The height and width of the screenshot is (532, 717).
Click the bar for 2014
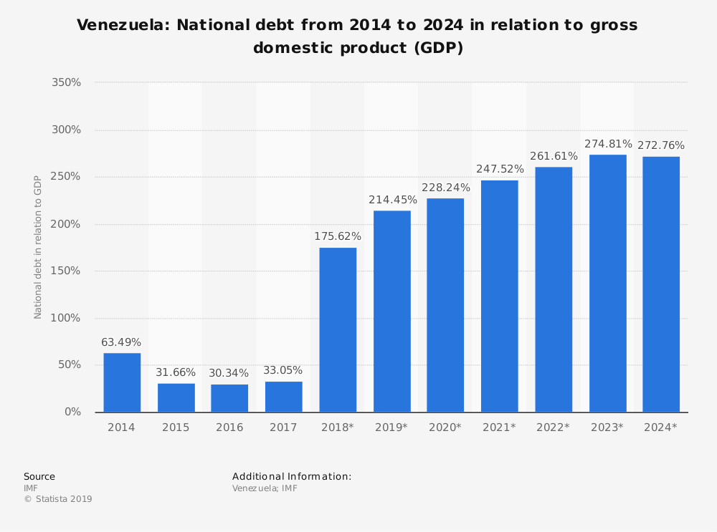click(122, 382)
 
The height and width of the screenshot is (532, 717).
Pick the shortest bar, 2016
click(229, 398)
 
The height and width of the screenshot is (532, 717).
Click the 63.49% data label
click(121, 342)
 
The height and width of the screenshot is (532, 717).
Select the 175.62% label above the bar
click(338, 236)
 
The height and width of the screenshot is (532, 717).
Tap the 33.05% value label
click(283, 370)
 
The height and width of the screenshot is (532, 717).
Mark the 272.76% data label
click(660, 145)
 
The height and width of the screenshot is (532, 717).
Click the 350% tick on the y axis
click(67, 82)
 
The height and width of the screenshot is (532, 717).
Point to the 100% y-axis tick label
click(67, 318)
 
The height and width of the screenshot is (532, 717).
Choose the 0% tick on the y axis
click(72, 412)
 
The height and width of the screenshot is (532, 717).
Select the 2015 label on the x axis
click(176, 427)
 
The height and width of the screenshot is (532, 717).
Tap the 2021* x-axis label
click(499, 427)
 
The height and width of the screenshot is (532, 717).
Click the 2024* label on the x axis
click(660, 427)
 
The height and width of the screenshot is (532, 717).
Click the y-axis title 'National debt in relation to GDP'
click(38, 247)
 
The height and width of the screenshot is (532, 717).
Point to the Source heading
click(39, 476)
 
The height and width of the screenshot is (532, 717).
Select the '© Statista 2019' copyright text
click(58, 499)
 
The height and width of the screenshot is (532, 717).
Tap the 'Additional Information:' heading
click(292, 476)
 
